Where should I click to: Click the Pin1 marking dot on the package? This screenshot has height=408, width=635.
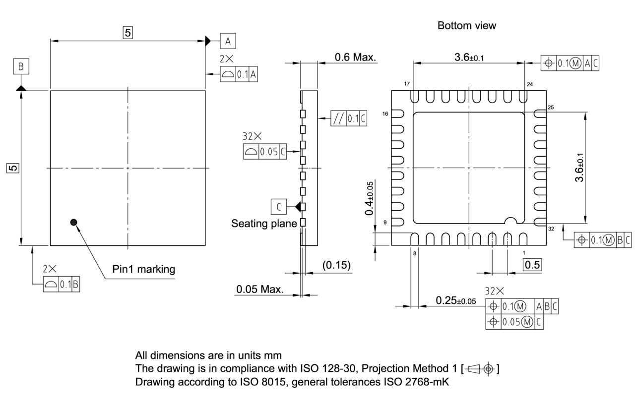pos(74,222)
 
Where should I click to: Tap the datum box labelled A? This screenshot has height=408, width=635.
pos(228,40)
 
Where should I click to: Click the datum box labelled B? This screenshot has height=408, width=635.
pos(21,66)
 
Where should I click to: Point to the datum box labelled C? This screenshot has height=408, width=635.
pos(279,206)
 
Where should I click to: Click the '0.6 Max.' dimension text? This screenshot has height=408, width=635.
pos(355,58)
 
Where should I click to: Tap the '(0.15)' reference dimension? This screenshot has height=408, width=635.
pos(336,265)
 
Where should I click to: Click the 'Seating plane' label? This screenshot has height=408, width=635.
pos(264,224)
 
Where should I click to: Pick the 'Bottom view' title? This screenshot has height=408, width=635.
pos(466,26)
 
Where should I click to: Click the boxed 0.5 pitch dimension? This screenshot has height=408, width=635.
pos(533,265)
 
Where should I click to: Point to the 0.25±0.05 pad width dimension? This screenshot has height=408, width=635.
pos(455,301)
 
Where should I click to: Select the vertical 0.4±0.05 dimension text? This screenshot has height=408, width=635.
pos(370,198)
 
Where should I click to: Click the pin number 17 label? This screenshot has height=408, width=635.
pos(407,84)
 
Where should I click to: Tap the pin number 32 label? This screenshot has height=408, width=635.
pos(551,229)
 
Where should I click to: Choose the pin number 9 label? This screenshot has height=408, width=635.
pos(385,222)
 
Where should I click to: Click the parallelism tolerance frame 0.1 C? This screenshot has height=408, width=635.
pos(349,119)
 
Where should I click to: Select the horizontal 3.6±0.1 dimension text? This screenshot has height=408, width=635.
pos(469,58)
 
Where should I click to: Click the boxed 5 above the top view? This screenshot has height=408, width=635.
pos(128,33)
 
